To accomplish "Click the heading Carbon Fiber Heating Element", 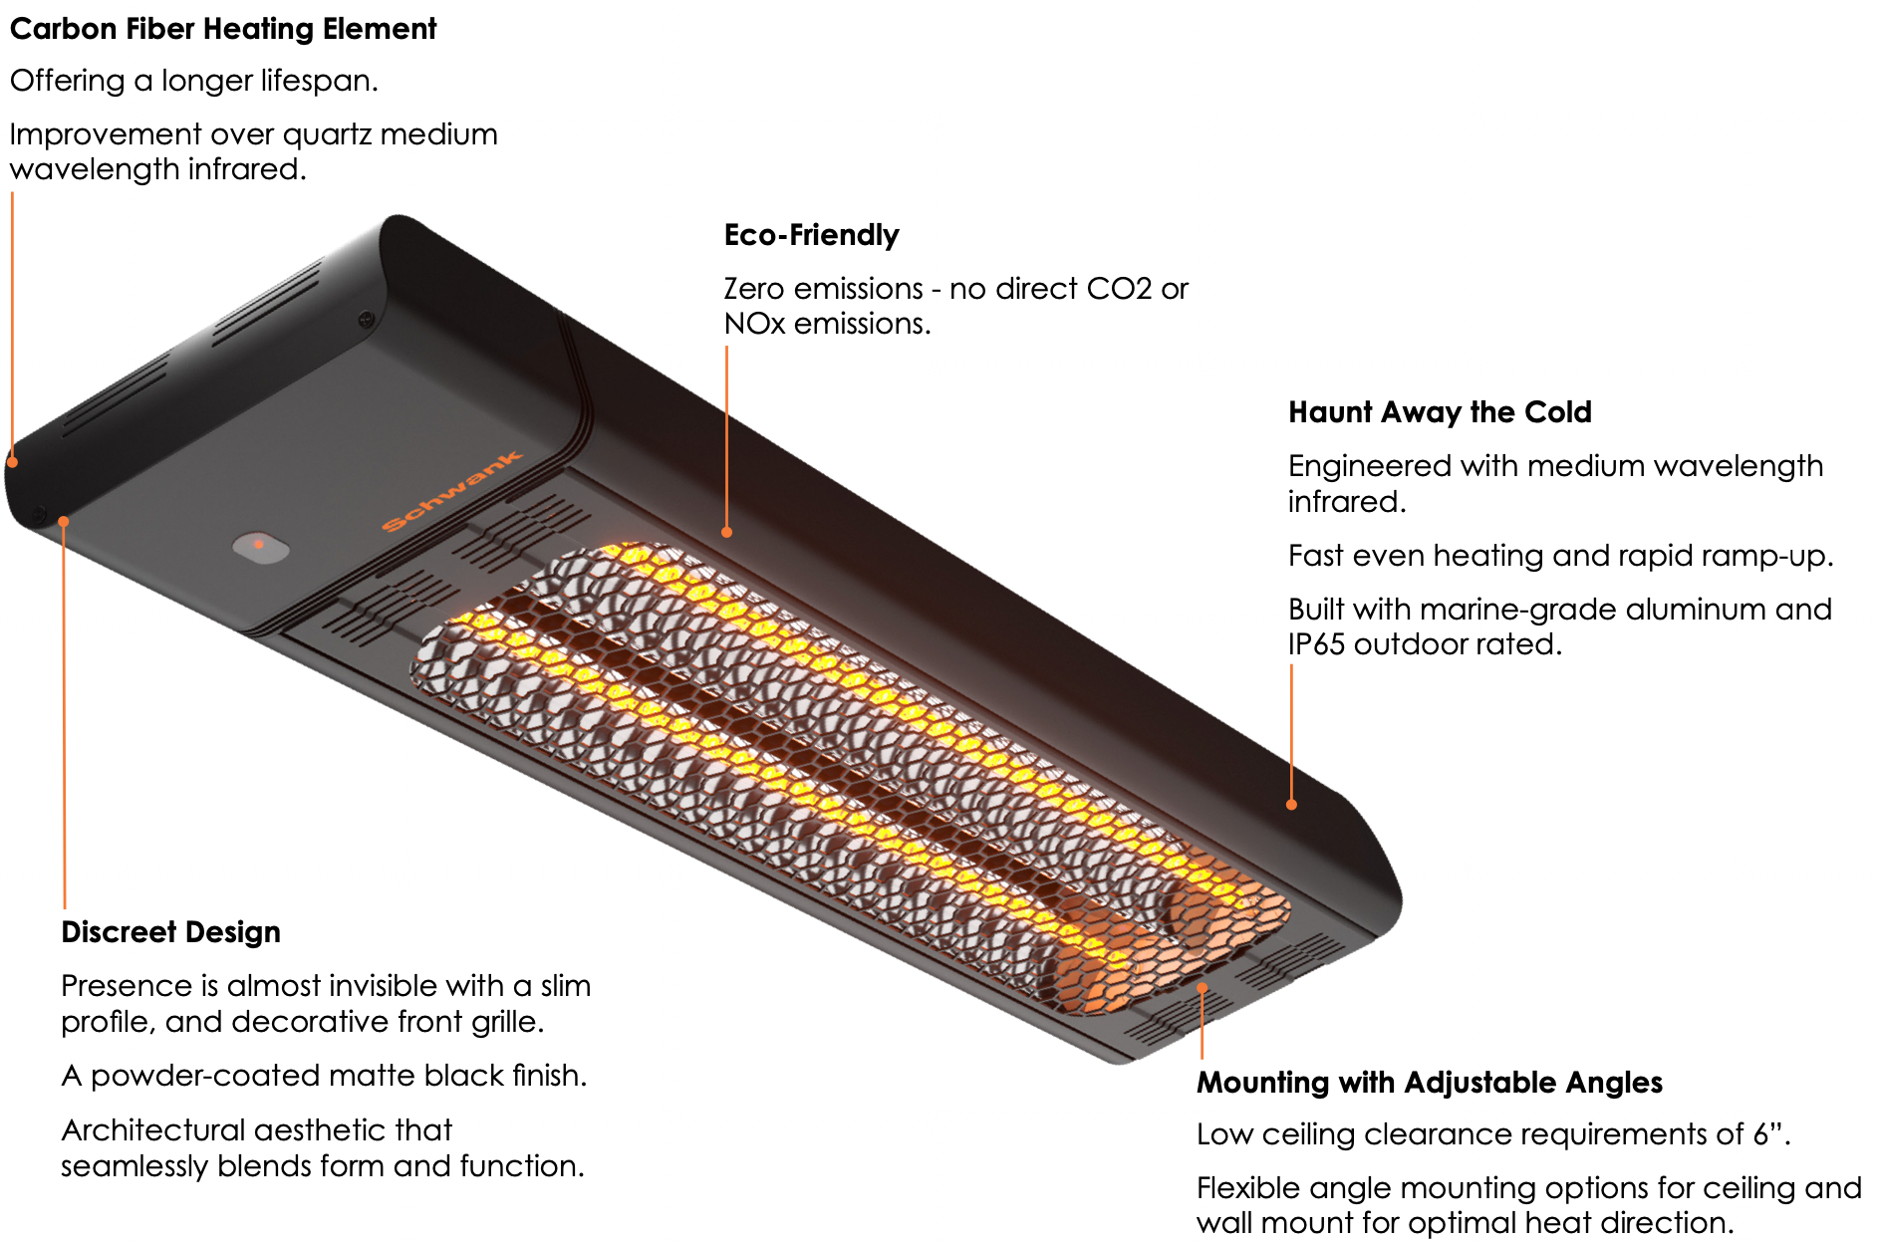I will [x=223, y=29].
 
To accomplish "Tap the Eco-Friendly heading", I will [x=811, y=235].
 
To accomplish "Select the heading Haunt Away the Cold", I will [x=1440, y=412].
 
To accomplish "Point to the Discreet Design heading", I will [x=170, y=932].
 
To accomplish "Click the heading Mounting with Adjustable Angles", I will [x=1430, y=1083].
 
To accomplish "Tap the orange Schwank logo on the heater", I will [x=452, y=490].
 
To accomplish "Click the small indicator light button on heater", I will [x=260, y=546].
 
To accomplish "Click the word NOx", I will [x=754, y=324].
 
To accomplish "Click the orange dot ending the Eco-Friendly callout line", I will [x=727, y=533].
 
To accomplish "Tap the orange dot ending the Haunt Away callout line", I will [x=1291, y=804].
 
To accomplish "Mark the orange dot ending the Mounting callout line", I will [x=1203, y=988].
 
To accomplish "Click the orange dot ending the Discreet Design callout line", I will [x=64, y=521].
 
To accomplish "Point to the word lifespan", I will [x=318, y=81].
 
